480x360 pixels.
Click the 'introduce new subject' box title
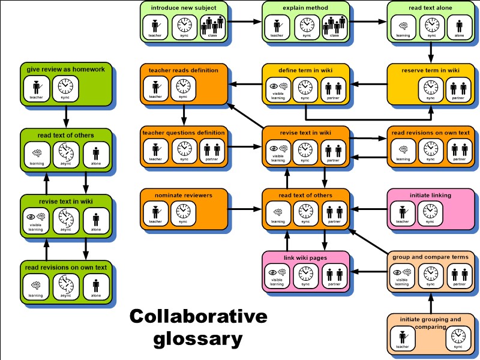184,8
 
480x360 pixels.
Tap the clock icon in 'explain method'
307,25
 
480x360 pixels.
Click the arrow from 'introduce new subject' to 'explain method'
246,22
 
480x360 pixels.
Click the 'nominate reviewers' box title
178,195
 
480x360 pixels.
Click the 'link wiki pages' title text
305,257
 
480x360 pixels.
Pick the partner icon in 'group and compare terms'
460,274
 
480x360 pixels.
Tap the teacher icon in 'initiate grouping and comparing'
402,338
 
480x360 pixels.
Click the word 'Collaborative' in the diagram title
198,317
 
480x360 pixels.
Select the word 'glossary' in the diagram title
198,339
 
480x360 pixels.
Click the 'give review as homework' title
65,70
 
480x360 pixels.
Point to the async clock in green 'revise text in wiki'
65,218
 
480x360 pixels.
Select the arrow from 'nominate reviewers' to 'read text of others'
245,209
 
